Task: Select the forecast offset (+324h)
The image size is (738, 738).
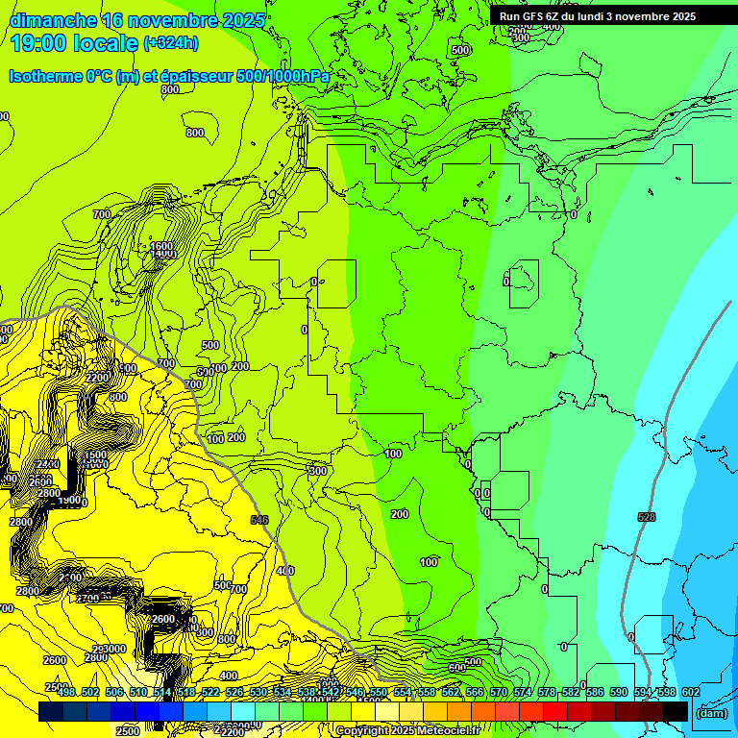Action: point(171,42)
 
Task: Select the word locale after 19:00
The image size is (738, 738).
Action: point(109,42)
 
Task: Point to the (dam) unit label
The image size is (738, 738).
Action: point(710,712)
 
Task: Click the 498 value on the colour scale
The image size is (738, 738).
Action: point(65,691)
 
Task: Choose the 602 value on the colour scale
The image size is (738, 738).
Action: point(691,691)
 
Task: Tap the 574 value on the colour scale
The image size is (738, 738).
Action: point(523,691)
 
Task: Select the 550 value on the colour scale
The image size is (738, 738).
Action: point(379,691)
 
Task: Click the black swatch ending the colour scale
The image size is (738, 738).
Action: point(676,711)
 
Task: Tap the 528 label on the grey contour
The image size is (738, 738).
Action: point(647,517)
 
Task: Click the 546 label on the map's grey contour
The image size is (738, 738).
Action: point(259,520)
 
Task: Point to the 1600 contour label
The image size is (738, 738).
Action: point(161,246)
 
